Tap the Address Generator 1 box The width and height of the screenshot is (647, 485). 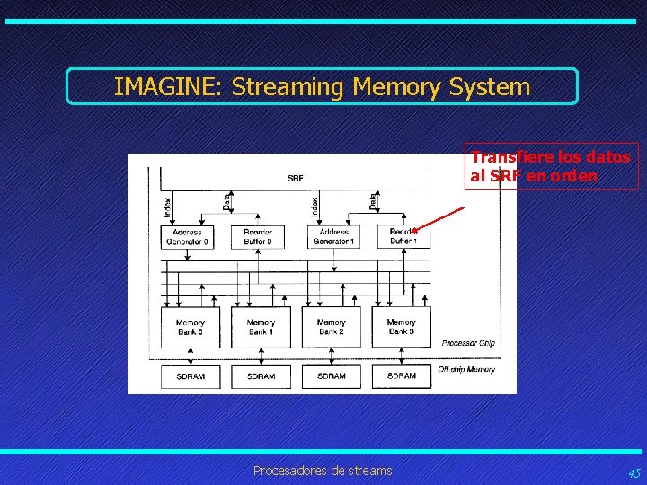point(331,236)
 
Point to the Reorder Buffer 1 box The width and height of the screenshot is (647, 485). point(403,236)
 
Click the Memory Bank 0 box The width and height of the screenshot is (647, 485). point(190,327)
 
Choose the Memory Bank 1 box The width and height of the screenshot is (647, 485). point(261,327)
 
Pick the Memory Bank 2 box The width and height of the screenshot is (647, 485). point(331,327)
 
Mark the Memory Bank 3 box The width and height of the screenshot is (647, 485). point(401,327)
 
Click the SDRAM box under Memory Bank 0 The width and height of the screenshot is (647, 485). point(190,375)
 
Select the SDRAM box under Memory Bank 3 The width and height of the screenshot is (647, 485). point(401,375)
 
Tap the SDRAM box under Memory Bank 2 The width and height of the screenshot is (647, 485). point(331,375)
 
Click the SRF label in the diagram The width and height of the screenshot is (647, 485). point(296,178)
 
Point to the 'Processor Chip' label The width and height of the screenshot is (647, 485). point(468,343)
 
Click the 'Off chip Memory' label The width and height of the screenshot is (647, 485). point(466,369)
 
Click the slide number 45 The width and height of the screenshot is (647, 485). point(634,473)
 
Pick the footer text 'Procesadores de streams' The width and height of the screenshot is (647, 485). point(323,471)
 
